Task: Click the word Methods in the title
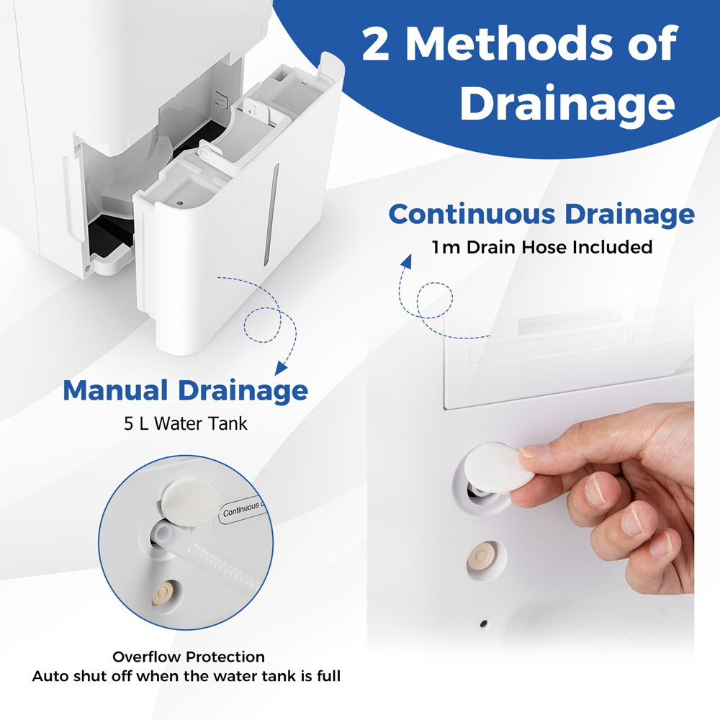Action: point(508,44)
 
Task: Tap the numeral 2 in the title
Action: point(376,45)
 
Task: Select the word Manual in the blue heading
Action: point(114,391)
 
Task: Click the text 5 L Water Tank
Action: point(186,423)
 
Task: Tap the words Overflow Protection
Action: point(188,657)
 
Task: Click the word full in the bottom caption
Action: point(329,676)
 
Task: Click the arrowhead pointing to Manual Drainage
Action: point(280,367)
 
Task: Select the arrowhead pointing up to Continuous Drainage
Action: point(406,261)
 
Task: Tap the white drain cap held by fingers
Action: point(498,467)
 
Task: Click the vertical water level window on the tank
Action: point(271,215)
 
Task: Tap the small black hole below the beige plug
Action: point(483,624)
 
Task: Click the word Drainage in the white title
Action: point(567,104)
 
